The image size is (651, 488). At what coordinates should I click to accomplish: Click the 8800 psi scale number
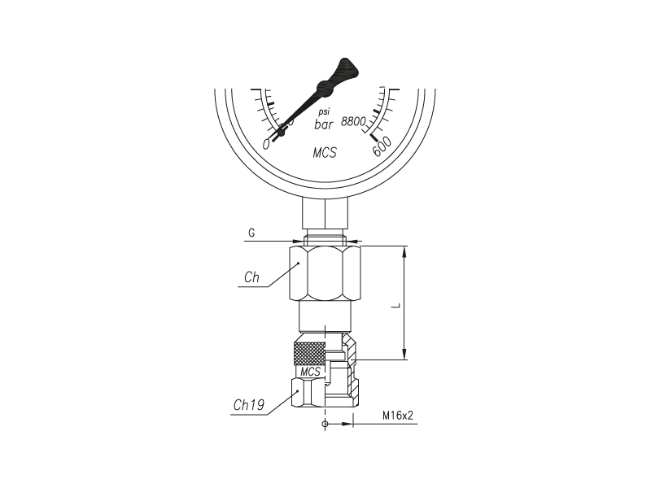[x=353, y=121]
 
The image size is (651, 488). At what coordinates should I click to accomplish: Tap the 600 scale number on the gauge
[x=382, y=146]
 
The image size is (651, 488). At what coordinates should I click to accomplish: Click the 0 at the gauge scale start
[x=267, y=144]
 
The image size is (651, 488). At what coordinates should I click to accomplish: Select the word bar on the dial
[x=324, y=124]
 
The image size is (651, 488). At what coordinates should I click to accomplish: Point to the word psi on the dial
[x=324, y=112]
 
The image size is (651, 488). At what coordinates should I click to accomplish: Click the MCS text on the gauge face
[x=325, y=153]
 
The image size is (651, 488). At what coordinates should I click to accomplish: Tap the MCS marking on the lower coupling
[x=311, y=372]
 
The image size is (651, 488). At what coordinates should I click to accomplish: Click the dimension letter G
[x=251, y=233]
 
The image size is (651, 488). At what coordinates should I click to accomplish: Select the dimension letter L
[x=396, y=306]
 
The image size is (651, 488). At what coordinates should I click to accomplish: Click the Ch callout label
[x=251, y=277]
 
